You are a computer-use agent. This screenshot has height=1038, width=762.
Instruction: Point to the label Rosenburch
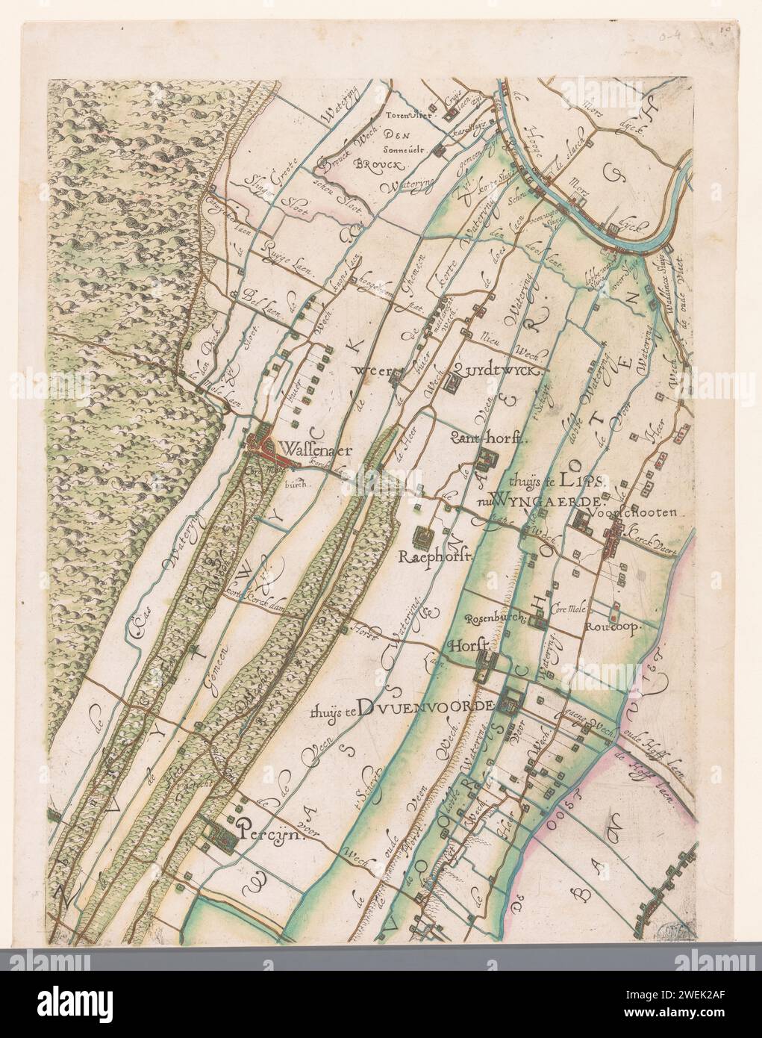coord(491,619)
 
